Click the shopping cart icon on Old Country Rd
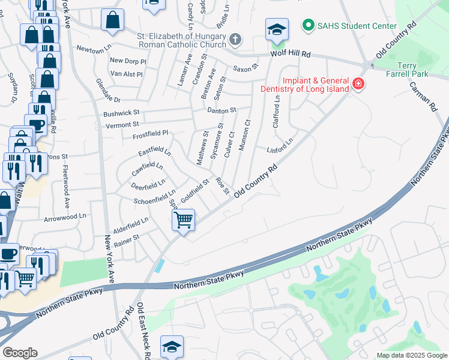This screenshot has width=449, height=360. coord(183,220)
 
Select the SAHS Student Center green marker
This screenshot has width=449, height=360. coord(309,25)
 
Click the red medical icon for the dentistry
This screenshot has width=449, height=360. coord(358,83)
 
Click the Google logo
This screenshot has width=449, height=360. coord(20,353)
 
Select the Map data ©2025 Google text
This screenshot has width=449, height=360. coord(411,355)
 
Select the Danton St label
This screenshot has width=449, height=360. coord(222,110)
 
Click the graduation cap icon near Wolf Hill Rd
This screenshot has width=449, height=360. coord(277,29)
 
